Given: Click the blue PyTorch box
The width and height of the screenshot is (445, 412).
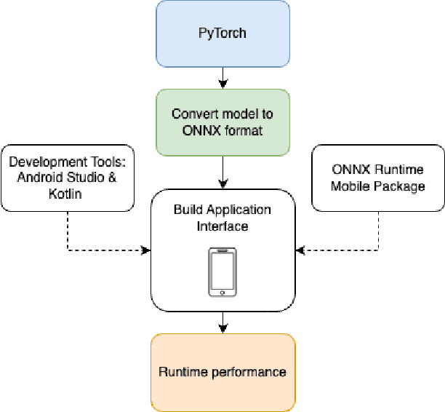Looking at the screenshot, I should pyautogui.click(x=222, y=34).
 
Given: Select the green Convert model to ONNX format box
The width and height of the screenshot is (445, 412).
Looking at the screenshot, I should pyautogui.click(x=222, y=122).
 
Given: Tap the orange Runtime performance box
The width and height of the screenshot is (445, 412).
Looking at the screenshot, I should pyautogui.click(x=222, y=372).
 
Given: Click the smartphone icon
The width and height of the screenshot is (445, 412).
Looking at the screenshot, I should pyautogui.click(x=222, y=272).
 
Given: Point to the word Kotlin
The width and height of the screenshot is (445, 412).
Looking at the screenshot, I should pyautogui.click(x=66, y=194).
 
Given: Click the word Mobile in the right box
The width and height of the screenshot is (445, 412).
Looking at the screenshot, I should pyautogui.click(x=352, y=186).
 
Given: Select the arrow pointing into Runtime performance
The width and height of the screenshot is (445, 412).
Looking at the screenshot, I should pyautogui.click(x=222, y=322).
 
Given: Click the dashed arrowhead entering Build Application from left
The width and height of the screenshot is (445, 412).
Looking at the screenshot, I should pyautogui.click(x=146, y=250).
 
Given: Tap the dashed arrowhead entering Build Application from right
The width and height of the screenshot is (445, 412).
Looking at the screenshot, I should pyautogui.click(x=299, y=250).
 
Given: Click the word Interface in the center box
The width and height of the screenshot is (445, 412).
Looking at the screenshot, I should pyautogui.click(x=222, y=226).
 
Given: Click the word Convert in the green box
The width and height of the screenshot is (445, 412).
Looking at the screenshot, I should pyautogui.click(x=191, y=114).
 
